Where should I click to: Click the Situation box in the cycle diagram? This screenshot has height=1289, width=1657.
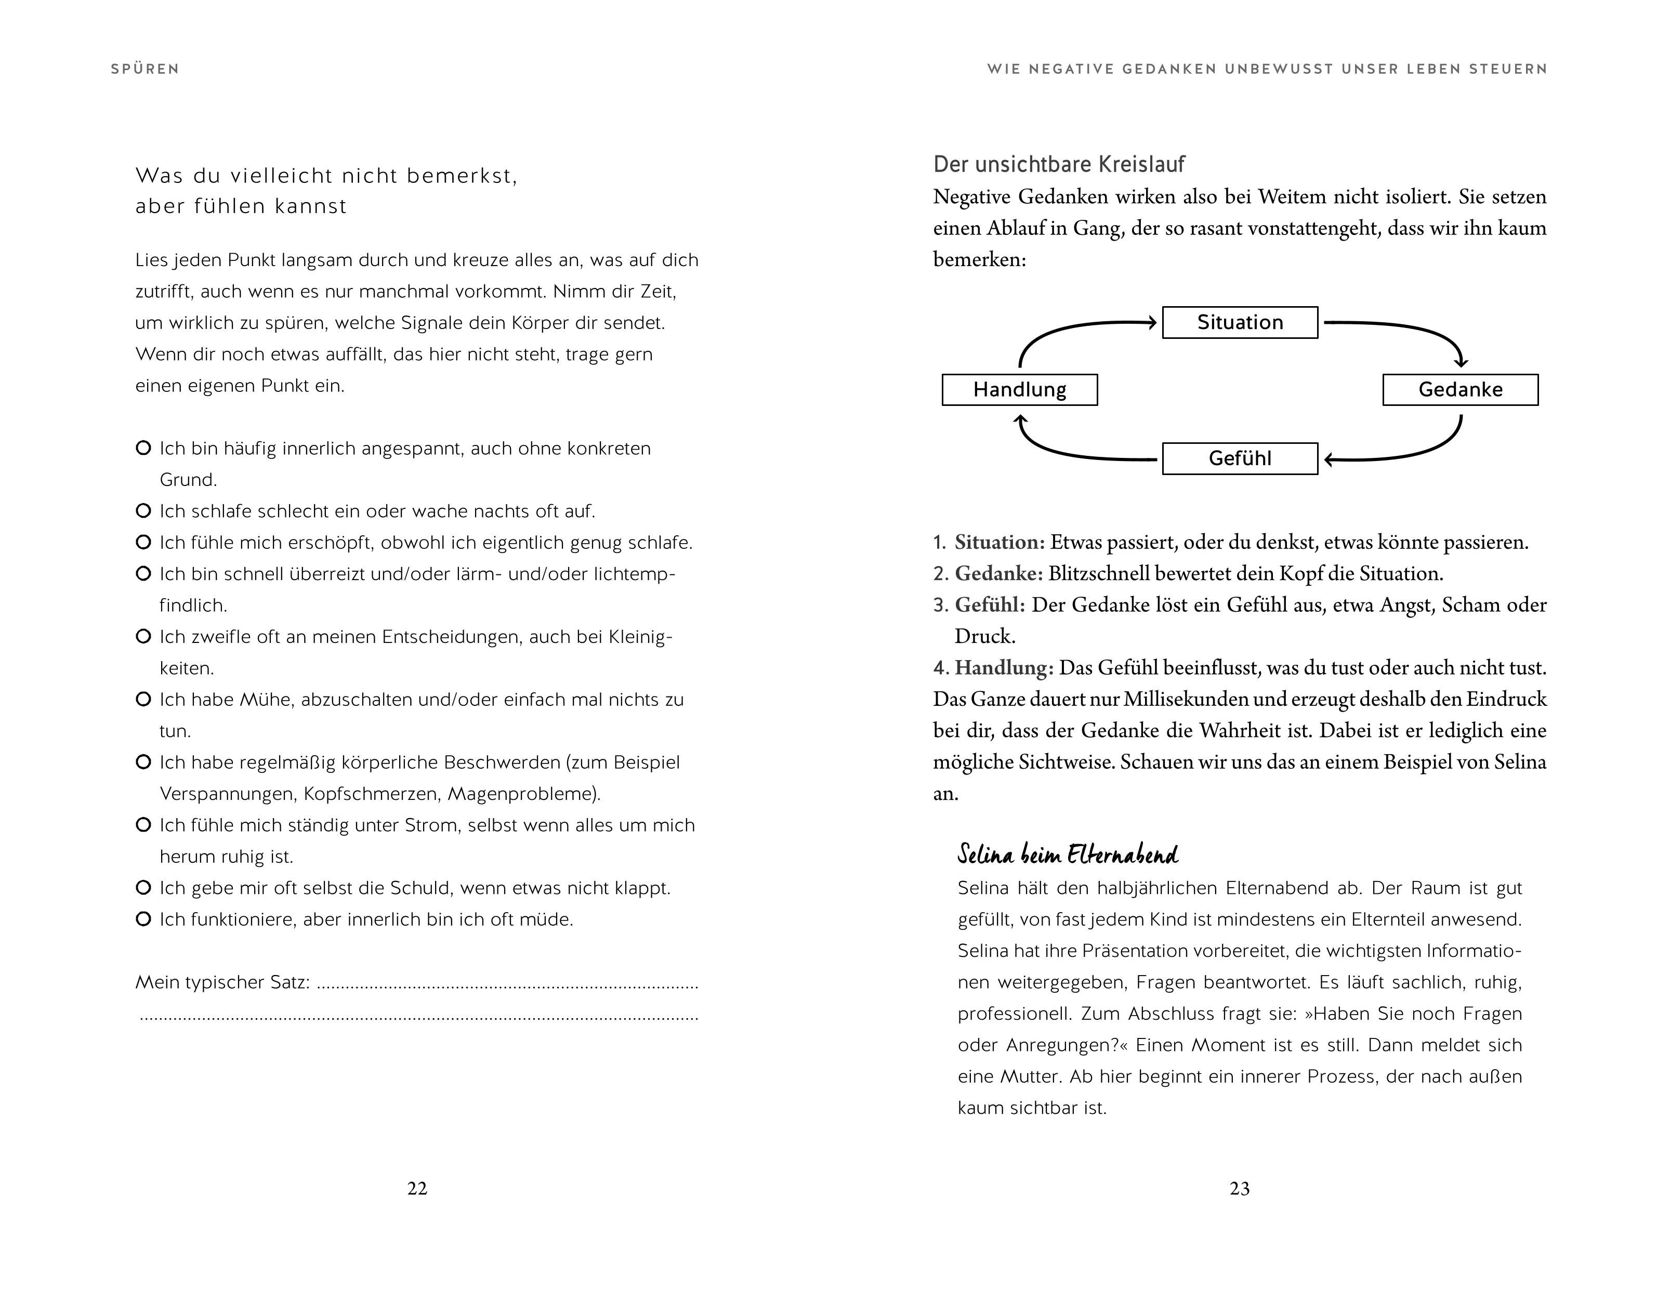[1240, 322]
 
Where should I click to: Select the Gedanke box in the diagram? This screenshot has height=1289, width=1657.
[1459, 390]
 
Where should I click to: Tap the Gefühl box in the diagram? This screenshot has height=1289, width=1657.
[1240, 458]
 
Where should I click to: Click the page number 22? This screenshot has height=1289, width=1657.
[417, 1188]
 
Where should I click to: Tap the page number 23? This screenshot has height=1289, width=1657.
[1240, 1188]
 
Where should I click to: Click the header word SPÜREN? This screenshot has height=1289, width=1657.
[145, 69]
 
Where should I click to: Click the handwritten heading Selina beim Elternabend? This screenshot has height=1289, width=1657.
[1068, 854]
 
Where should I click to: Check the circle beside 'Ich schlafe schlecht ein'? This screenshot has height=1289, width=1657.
[142, 510]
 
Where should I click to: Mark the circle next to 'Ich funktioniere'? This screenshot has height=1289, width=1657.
[142, 919]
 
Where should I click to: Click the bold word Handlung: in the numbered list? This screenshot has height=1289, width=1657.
[1003, 668]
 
